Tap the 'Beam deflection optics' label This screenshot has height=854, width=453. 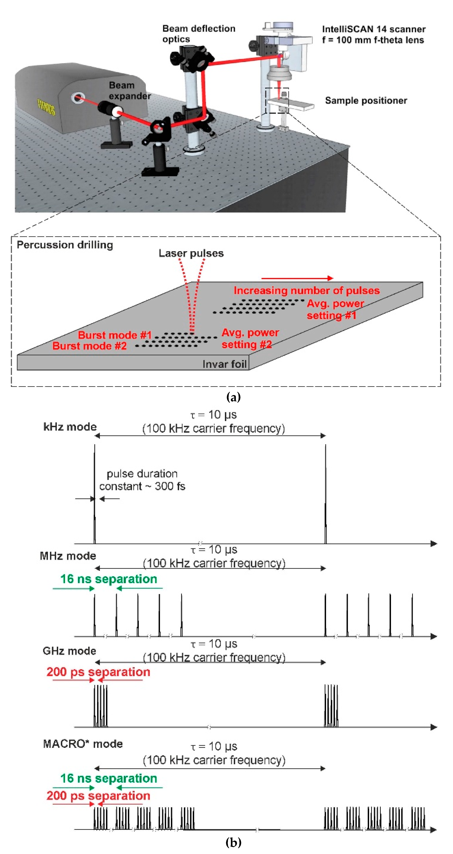[x=198, y=34]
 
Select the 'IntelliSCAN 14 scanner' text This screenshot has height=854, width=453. [x=373, y=29]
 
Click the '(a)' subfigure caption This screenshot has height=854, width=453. [x=233, y=397]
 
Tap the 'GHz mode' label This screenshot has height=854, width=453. [x=69, y=651]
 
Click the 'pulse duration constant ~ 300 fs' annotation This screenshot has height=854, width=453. [x=142, y=480]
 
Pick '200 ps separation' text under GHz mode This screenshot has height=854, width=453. [x=98, y=672]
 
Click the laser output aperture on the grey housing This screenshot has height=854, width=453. [x=77, y=98]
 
